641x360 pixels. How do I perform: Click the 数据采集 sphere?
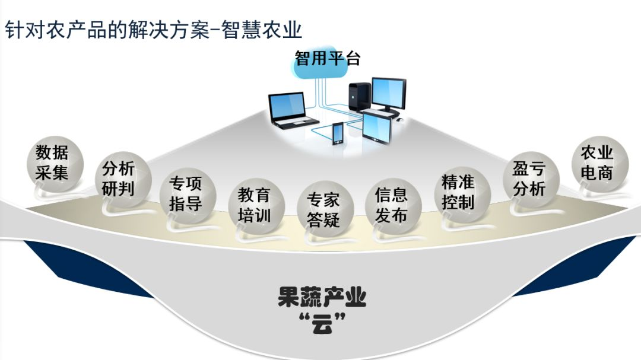[53, 163]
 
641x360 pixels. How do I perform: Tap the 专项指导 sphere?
[186, 194]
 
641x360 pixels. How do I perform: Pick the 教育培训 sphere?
[254, 205]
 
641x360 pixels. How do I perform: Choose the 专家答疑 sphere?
[323, 211]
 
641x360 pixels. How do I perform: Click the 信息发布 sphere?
[391, 205]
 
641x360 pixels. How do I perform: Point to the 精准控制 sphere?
[458, 193]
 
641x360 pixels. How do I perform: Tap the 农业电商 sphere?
[596, 163]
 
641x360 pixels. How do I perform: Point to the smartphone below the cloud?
[337, 133]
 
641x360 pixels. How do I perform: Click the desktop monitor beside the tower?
[389, 92]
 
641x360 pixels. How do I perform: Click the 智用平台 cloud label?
[328, 58]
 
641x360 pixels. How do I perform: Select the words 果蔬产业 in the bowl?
[322, 297]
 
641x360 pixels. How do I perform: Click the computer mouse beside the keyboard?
[399, 120]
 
